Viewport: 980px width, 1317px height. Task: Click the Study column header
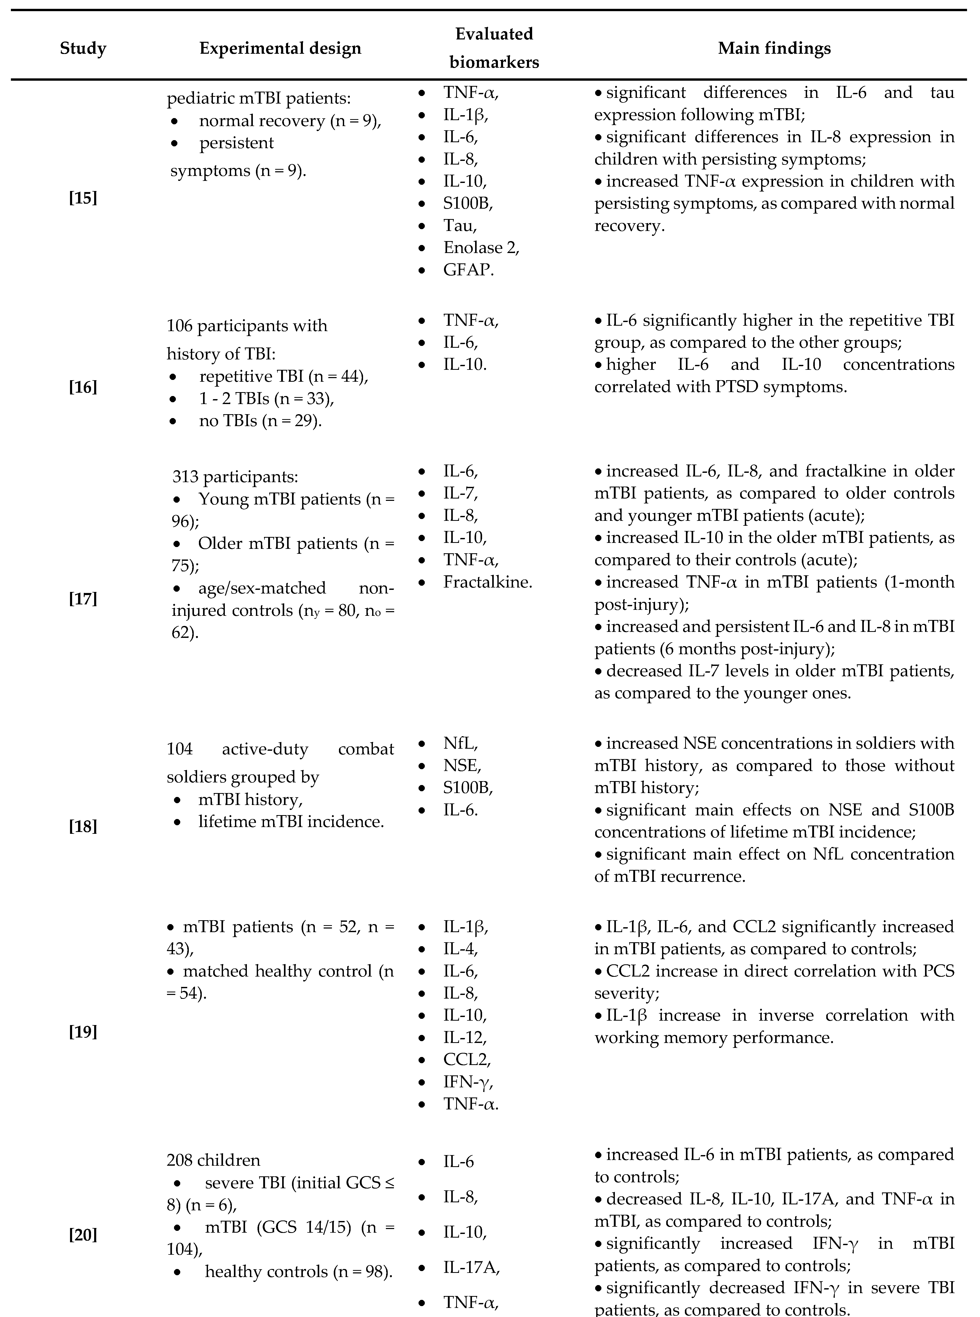[83, 48]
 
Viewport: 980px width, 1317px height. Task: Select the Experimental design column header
[280, 48]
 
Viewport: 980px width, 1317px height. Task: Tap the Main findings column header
[774, 48]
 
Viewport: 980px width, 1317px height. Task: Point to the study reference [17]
[83, 598]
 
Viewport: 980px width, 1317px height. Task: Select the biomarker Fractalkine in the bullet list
[488, 582]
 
